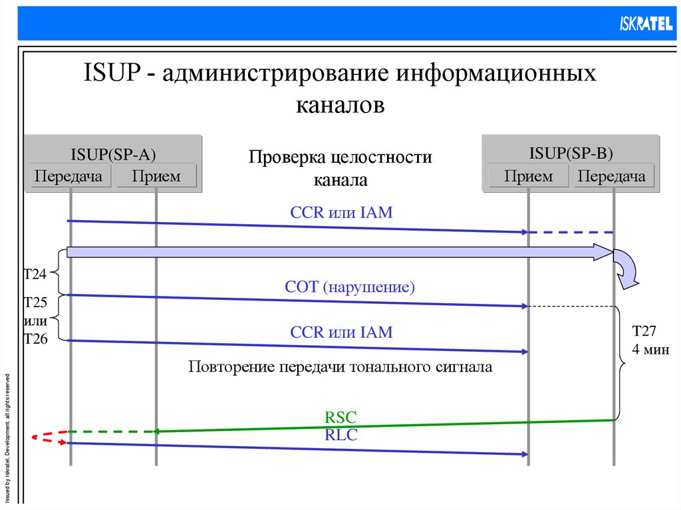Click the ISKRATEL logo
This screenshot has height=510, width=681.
[642, 23]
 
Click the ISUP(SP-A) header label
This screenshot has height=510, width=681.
[113, 154]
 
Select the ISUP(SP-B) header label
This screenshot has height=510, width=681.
[571, 154]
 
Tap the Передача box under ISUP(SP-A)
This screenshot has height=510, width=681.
[68, 176]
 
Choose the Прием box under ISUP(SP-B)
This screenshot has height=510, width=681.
[529, 176]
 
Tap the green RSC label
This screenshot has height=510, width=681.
[340, 418]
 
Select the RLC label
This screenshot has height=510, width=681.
[340, 435]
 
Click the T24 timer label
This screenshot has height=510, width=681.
[35, 274]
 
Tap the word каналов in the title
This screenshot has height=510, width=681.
[340, 105]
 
